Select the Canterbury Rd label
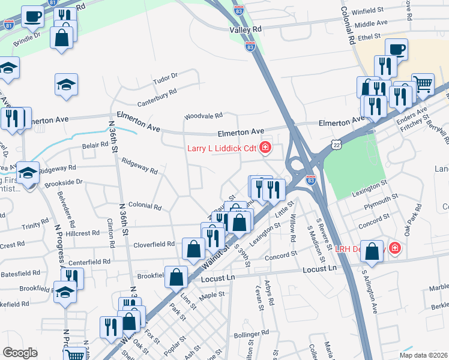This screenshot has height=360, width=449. point(156,92)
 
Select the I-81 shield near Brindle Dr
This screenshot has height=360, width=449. point(8,25)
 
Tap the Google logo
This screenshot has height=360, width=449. point(20,352)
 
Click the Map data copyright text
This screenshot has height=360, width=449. point(423,355)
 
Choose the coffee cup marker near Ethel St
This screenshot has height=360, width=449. point(396,49)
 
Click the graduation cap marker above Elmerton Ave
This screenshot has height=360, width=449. point(67,84)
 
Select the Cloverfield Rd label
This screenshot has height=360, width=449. point(154,244)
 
